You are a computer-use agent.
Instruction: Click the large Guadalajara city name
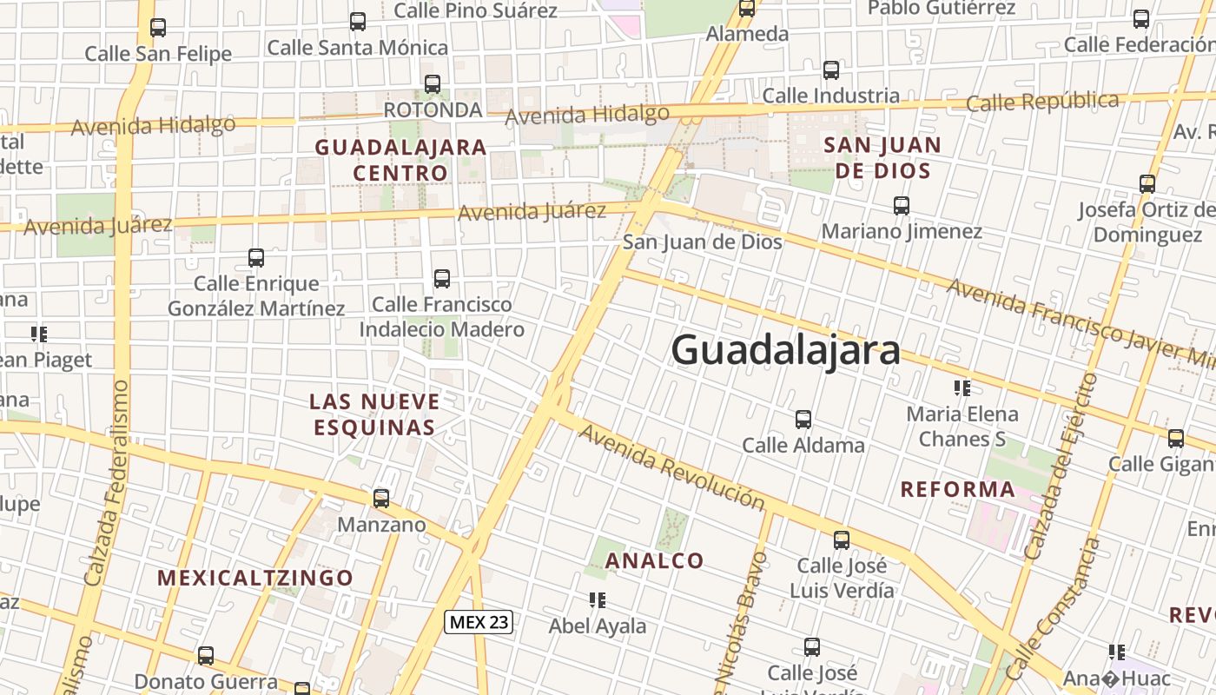(x=785, y=350)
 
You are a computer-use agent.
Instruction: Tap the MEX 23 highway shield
(x=479, y=621)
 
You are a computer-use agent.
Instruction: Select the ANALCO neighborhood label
(x=654, y=560)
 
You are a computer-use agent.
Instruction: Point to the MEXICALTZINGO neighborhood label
(x=255, y=578)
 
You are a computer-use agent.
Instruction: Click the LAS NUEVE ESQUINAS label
(x=374, y=414)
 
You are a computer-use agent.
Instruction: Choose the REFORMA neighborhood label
(x=958, y=489)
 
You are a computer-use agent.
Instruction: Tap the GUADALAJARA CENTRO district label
(x=400, y=160)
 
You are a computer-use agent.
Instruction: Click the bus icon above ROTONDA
(x=433, y=84)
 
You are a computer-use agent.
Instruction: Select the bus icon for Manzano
(x=381, y=499)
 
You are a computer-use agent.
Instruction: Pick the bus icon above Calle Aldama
(x=803, y=420)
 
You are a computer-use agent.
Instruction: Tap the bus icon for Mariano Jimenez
(x=902, y=206)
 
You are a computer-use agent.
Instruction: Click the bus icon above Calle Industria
(x=831, y=70)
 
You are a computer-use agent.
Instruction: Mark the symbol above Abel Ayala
(x=597, y=600)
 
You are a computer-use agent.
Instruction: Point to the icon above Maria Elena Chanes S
(x=962, y=387)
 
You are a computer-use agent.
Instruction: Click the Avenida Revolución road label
(x=672, y=467)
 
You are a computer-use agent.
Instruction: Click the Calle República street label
(x=1042, y=102)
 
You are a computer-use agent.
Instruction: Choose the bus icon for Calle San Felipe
(x=158, y=28)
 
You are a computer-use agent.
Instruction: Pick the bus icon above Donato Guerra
(x=206, y=656)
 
